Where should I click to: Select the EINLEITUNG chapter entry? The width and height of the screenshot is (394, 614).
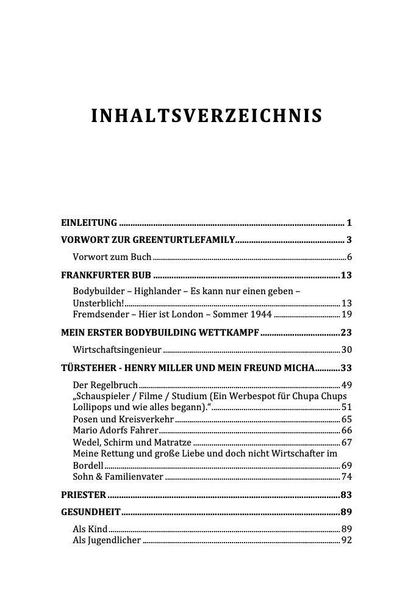point(90,222)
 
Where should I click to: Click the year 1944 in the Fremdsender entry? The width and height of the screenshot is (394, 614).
point(260,314)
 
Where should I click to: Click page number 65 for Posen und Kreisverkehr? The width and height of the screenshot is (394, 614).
point(346,419)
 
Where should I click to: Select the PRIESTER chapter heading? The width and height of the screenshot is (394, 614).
point(84,494)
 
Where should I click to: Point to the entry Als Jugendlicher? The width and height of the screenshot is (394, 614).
point(107,540)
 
